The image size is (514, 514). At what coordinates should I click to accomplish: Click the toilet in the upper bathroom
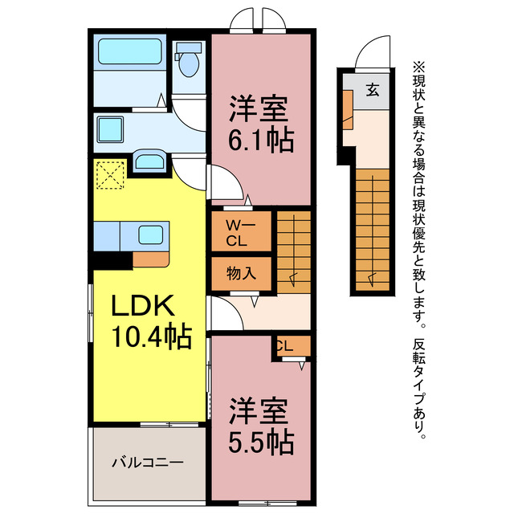click(190, 63)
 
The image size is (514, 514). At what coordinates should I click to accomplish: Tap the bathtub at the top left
click(130, 55)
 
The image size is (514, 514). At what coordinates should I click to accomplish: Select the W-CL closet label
click(240, 230)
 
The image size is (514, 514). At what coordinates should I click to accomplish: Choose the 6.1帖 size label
click(259, 141)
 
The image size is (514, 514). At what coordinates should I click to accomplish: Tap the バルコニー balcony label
click(147, 463)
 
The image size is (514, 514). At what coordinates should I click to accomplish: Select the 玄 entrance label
click(373, 89)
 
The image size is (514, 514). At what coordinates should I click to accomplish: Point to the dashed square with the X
click(110, 176)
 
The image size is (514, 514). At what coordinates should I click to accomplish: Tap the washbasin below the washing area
click(149, 161)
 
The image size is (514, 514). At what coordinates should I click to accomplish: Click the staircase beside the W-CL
click(295, 245)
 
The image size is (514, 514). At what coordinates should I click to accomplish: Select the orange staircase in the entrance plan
click(373, 229)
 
